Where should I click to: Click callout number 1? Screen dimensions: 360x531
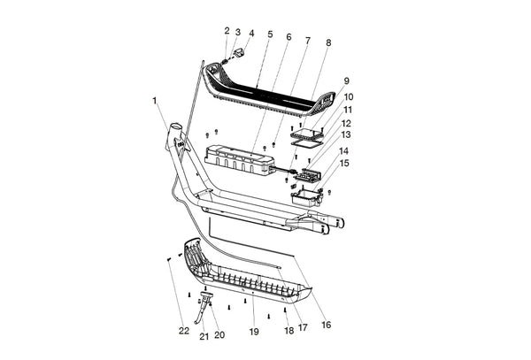[x=155, y=100]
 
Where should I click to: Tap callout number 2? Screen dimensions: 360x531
[x=227, y=31]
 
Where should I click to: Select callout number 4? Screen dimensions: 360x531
[x=251, y=34]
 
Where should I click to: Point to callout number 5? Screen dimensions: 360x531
[x=270, y=34]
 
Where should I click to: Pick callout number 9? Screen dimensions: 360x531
[x=345, y=80]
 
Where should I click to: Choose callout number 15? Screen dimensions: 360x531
[x=344, y=163]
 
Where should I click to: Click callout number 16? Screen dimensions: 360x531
[x=325, y=325]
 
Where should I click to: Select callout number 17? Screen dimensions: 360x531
[x=302, y=328]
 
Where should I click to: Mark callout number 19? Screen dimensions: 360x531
[x=253, y=332]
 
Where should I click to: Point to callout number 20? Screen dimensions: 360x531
[x=219, y=335]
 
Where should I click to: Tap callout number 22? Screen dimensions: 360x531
[x=183, y=331]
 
